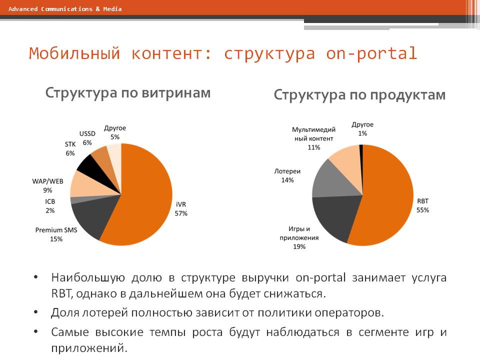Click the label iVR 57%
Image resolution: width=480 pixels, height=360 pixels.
pyautogui.click(x=181, y=209)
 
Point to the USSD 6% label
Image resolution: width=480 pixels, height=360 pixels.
pyautogui.click(x=87, y=138)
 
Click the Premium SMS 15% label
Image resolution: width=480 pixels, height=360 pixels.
pyautogui.click(x=56, y=234)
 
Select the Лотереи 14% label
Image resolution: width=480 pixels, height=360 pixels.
pyautogui.click(x=284, y=175)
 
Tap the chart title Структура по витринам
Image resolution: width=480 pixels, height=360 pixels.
pyautogui.click(x=128, y=92)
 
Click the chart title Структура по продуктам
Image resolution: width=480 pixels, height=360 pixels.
pyautogui.click(x=359, y=94)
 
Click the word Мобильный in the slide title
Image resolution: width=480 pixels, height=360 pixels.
pyautogui.click(x=74, y=53)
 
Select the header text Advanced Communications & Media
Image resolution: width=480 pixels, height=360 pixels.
pyautogui.click(x=65, y=9)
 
